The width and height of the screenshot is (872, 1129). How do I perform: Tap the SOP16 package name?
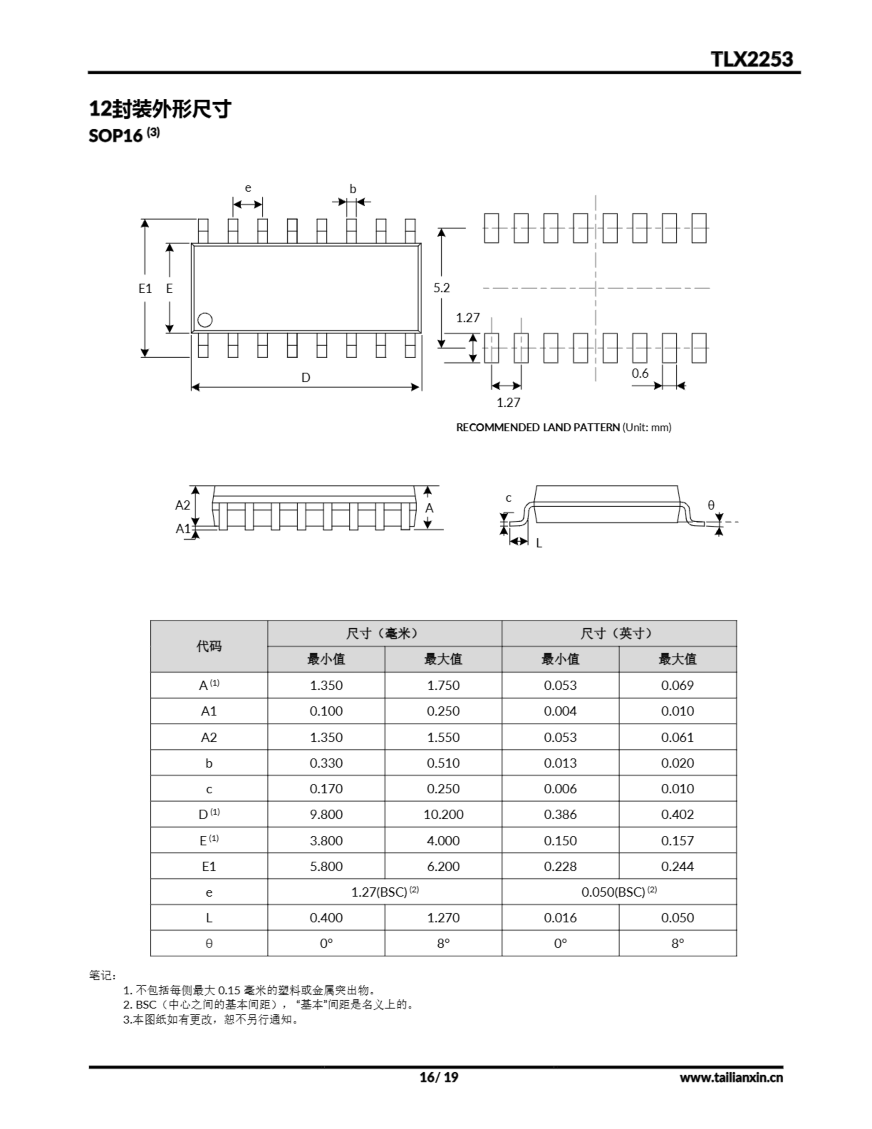pos(116,135)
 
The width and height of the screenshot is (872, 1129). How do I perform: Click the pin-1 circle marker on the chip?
pos(205,320)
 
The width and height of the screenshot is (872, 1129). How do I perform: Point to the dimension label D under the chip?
pos(306,378)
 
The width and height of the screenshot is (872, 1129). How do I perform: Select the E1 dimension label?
pos(145,288)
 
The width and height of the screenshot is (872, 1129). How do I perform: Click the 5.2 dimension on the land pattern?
pos(441,288)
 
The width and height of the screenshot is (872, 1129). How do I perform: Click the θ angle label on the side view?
pos(711,505)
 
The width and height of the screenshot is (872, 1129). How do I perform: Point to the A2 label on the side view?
pos(183,505)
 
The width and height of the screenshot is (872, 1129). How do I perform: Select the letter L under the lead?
pos(539,543)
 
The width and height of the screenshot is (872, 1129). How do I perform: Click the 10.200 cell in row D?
pos(443,814)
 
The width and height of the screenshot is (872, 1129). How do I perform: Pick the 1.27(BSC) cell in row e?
pos(384,892)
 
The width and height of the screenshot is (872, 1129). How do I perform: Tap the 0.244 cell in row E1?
pos(677,866)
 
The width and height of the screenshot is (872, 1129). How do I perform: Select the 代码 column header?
pos(209,646)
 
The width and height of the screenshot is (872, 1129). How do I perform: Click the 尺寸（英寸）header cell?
pos(618,633)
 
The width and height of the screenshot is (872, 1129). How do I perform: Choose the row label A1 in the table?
pos(209,711)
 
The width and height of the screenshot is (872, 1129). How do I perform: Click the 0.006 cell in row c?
pos(560,789)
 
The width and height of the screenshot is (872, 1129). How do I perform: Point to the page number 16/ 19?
pos(438,1077)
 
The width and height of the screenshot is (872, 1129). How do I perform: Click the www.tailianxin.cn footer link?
pos(731,1077)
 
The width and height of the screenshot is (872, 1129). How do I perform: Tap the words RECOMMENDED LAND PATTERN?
pos(537,427)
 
